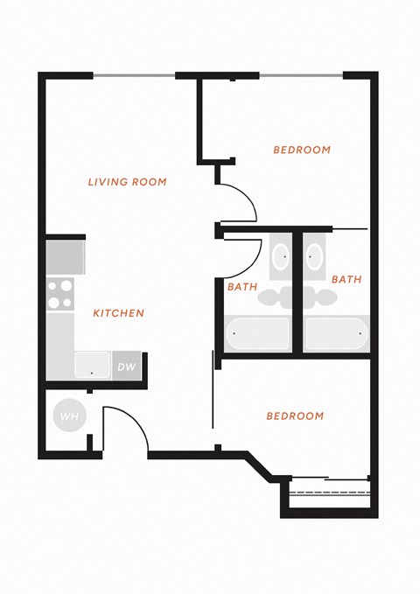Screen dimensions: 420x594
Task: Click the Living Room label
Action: point(128,182)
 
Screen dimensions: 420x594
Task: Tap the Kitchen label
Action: point(119,313)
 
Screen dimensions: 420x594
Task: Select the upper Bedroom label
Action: point(302,150)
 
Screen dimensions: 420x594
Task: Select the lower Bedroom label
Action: point(295,416)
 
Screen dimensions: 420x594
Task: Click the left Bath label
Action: point(242,287)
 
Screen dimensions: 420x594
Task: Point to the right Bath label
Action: point(346,279)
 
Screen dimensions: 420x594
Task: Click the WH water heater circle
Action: point(70,416)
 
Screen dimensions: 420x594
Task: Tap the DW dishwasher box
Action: point(127,367)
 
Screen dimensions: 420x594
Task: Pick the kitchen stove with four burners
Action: point(60,295)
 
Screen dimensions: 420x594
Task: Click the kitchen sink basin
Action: point(93,365)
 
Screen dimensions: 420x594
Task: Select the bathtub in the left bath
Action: point(258,334)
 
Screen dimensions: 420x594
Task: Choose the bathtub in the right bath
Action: point(337,334)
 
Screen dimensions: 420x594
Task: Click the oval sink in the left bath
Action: point(281,256)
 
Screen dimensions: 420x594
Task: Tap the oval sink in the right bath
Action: point(314,256)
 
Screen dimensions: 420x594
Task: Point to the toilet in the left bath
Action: point(275,297)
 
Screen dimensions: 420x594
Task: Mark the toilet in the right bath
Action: point(320,297)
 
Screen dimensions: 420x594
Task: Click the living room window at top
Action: point(134,76)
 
